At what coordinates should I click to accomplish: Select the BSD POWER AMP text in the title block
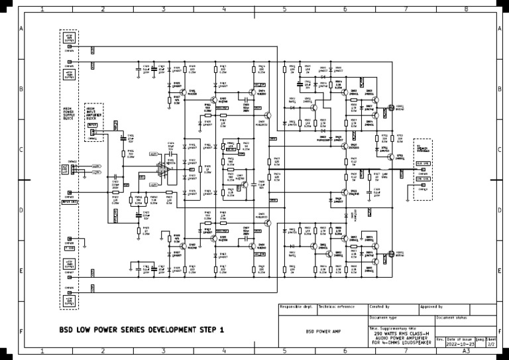(323, 330)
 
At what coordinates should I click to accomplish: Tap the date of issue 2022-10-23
(460, 345)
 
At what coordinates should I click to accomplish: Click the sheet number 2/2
(491, 345)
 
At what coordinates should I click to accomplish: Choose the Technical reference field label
(336, 307)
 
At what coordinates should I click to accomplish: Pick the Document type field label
(383, 318)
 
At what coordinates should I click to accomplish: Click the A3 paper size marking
(466, 351)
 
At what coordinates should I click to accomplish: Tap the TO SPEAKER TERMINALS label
(422, 148)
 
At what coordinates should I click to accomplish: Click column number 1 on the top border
(42, 9)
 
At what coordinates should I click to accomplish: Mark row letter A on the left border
(22, 30)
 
